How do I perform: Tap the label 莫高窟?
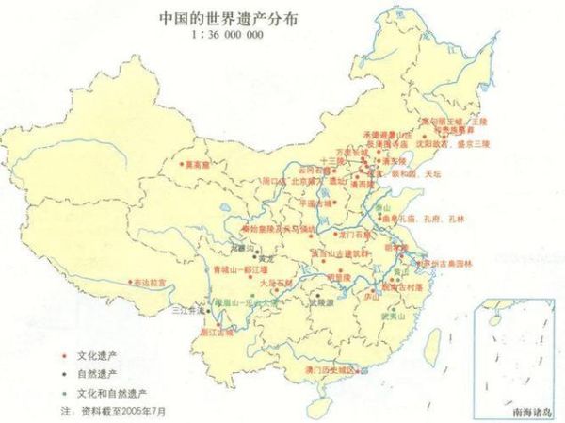197,164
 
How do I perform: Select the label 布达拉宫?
151,282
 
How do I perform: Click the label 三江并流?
186,308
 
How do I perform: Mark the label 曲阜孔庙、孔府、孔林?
425,218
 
